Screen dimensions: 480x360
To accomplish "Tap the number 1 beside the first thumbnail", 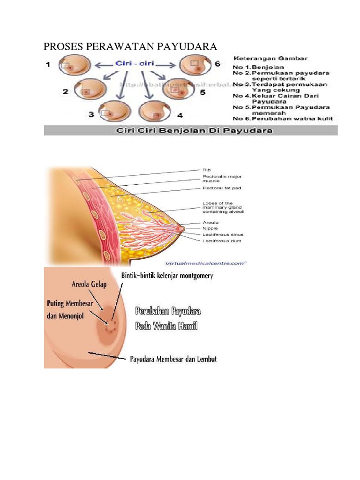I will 48,65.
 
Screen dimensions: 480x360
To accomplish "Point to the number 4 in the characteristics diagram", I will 180,114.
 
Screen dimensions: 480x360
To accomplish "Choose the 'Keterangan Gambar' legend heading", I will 270,59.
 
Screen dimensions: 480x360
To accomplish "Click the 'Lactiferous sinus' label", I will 223,234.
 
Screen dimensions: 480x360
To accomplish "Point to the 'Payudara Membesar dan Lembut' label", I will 173,360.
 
